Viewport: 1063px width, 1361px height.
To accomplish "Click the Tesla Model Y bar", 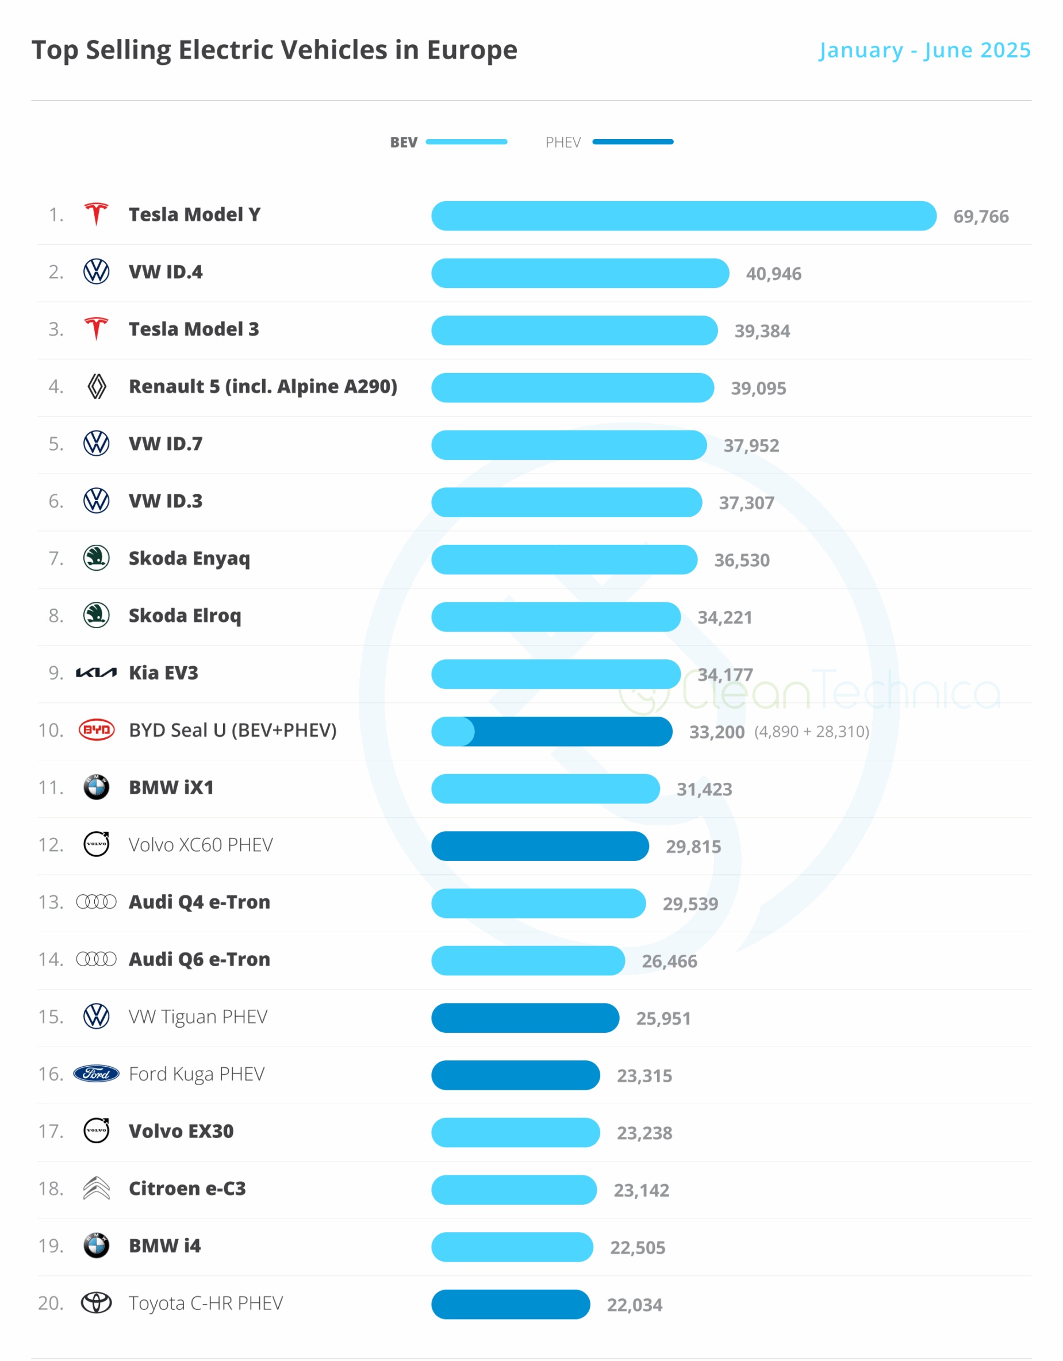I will [684, 216].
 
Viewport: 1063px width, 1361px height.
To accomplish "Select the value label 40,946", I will [773, 274].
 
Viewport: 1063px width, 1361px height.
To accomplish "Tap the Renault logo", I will [96, 386].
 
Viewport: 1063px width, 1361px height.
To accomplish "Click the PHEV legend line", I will [632, 142].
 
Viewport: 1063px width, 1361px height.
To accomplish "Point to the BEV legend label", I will [404, 143].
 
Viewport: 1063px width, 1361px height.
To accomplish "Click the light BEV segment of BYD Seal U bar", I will [452, 731].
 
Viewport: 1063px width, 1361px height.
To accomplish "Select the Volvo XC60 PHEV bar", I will [540, 845].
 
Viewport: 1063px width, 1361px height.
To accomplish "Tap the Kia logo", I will [96, 672].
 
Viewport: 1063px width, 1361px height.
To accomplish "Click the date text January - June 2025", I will [924, 50].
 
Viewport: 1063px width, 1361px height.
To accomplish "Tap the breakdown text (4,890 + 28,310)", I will [811, 731].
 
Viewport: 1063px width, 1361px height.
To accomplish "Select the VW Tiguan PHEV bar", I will [525, 1018].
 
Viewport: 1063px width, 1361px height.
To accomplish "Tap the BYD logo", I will [96, 730].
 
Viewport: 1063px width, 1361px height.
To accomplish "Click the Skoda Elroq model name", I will [185, 616].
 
